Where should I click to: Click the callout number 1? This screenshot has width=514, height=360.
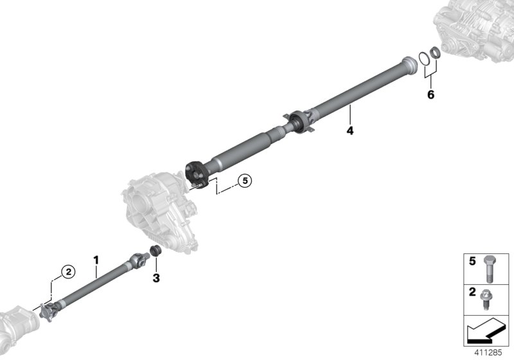click(x=96, y=260)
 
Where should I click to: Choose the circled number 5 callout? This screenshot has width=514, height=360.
click(x=244, y=181)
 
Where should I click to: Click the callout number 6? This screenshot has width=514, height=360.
click(x=430, y=95)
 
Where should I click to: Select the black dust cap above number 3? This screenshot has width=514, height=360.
click(x=154, y=251)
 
